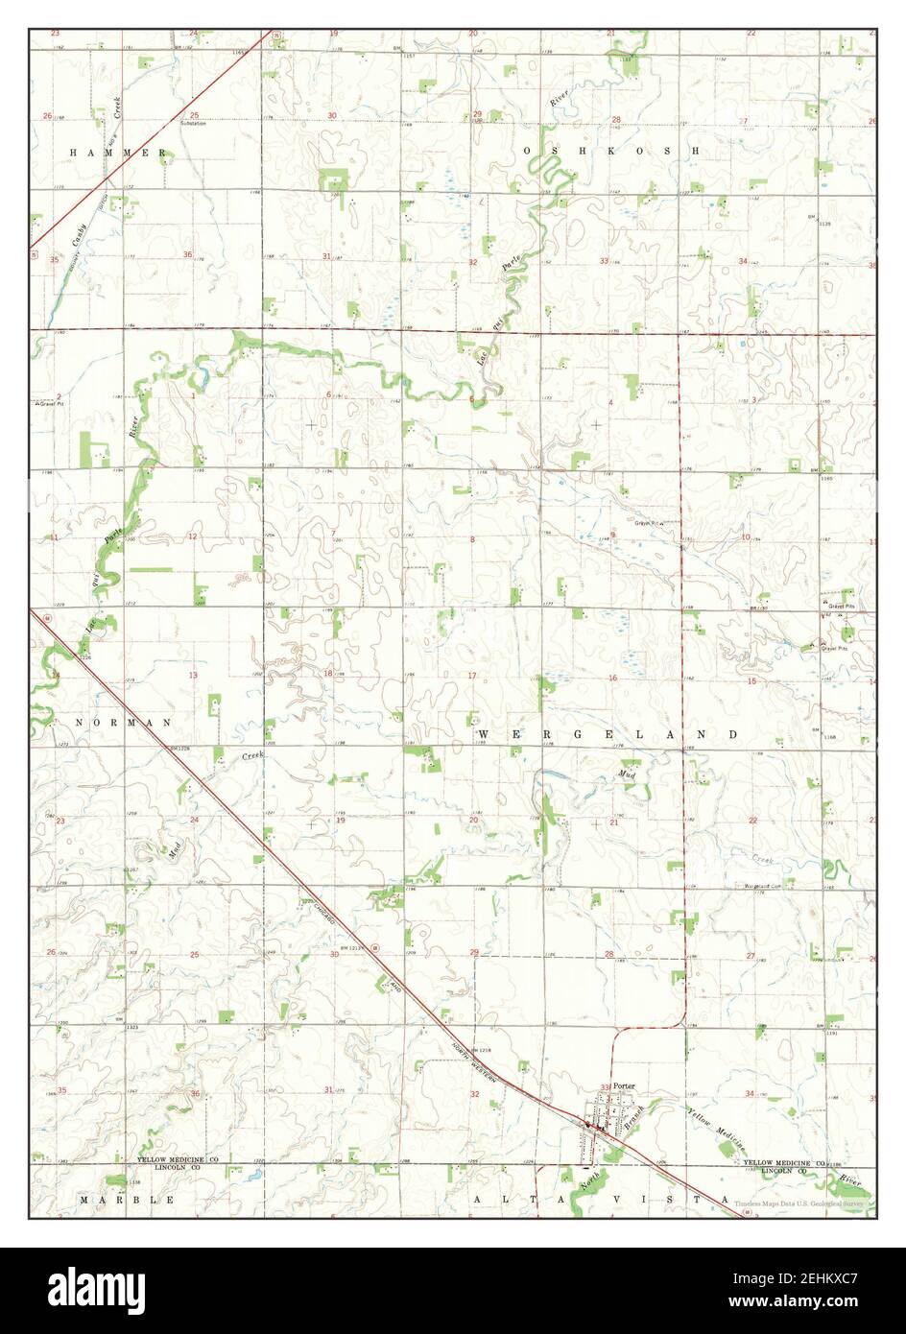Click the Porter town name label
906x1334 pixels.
tap(625, 1085)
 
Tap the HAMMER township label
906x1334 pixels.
tap(120, 153)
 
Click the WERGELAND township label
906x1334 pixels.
tap(608, 733)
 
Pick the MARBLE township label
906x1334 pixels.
tap(127, 1200)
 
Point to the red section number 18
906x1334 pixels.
tap(328, 674)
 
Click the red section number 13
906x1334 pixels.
tap(192, 676)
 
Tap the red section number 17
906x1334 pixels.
tap(471, 676)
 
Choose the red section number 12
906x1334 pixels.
tap(192, 536)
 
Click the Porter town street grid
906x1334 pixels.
tap(602, 1122)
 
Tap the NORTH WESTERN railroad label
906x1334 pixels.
tap(477, 1065)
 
